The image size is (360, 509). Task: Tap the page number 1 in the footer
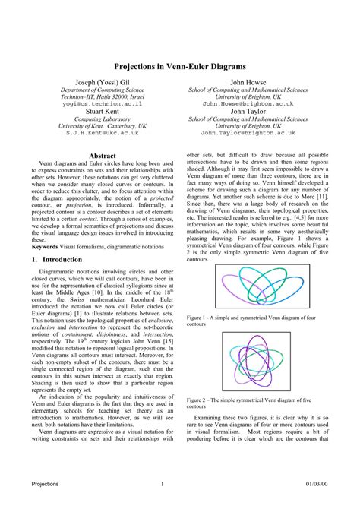click(163, 483)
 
